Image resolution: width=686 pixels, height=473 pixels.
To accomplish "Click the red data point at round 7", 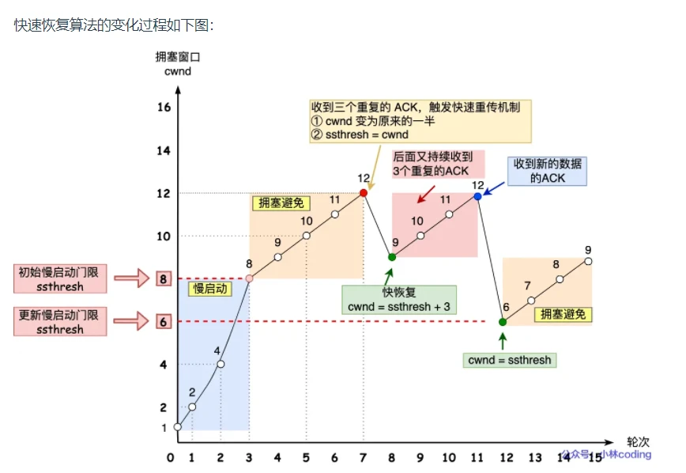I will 364,192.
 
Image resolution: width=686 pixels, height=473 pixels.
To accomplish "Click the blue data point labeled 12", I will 477,192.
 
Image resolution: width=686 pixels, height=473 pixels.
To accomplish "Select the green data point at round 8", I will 391,256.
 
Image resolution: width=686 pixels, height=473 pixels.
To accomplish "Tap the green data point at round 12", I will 503,322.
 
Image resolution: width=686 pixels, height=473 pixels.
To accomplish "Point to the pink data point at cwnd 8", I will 249,278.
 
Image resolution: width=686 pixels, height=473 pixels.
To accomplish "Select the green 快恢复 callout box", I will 398,300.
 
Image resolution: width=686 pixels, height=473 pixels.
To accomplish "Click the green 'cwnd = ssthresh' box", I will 510,360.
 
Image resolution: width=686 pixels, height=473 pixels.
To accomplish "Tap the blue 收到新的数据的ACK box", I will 548,170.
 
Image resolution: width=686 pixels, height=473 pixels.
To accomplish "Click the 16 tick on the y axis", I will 164,107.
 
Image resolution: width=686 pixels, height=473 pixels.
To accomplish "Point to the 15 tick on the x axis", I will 593,457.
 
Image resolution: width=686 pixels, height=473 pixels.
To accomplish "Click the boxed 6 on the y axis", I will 164,322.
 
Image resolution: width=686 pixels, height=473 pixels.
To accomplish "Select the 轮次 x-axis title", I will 638,441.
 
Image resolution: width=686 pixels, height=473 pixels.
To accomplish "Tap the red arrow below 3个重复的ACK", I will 424,193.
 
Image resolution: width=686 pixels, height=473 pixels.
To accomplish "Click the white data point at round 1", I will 192,407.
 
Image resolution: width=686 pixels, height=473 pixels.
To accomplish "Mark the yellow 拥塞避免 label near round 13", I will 564,315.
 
